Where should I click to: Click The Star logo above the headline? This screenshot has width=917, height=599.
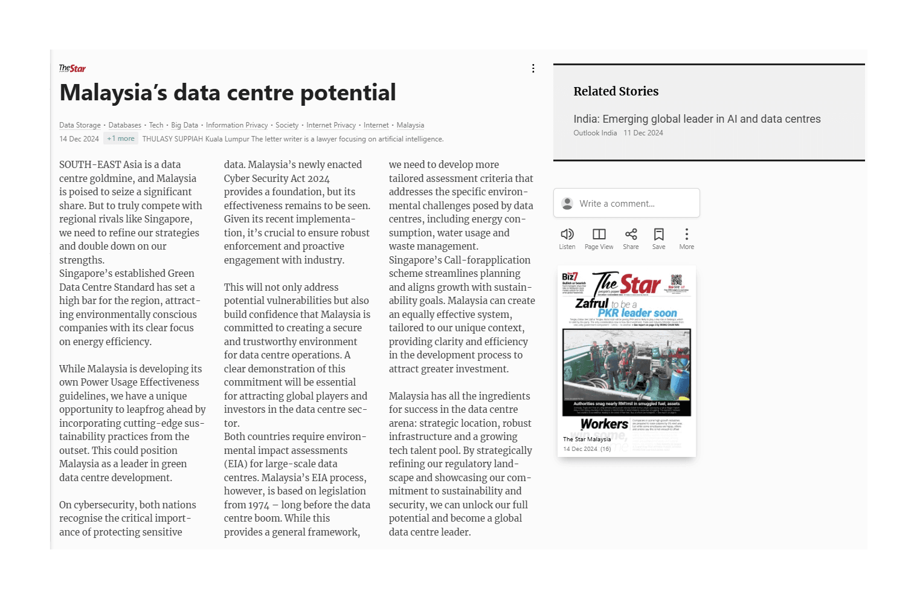coord(72,68)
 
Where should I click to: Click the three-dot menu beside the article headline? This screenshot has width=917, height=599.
coord(533,68)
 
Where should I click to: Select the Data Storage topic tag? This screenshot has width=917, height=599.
coord(80,125)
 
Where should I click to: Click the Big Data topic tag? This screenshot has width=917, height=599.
coord(184,125)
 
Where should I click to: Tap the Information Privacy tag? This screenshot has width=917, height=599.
coord(236,125)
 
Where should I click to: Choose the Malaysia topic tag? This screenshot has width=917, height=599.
coord(410,125)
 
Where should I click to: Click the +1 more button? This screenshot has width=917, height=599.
coord(121,138)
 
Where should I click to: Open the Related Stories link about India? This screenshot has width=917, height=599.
coord(697,119)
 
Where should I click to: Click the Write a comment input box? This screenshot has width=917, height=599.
coord(626,203)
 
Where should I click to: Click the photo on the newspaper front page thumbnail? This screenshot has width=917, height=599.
coord(626,364)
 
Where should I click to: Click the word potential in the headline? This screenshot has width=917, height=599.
coord(347,92)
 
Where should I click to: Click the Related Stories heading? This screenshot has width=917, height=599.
coord(616,91)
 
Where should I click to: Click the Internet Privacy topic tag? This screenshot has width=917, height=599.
coord(330,125)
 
